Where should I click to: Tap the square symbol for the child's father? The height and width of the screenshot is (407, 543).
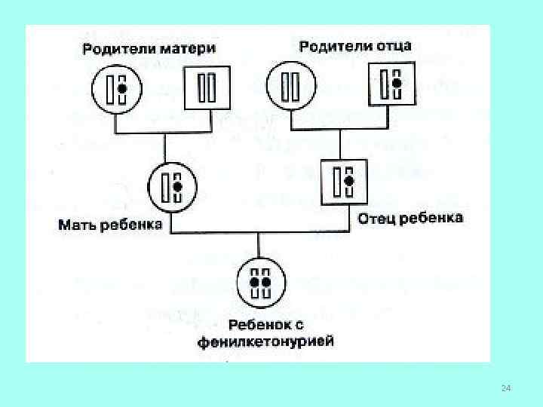click(343, 181)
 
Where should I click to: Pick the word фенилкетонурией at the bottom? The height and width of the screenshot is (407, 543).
click(266, 342)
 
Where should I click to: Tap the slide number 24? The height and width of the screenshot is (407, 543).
click(506, 388)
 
